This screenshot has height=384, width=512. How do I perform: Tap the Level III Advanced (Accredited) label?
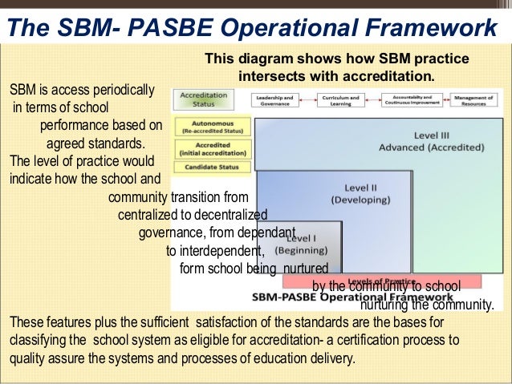point(432,141)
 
